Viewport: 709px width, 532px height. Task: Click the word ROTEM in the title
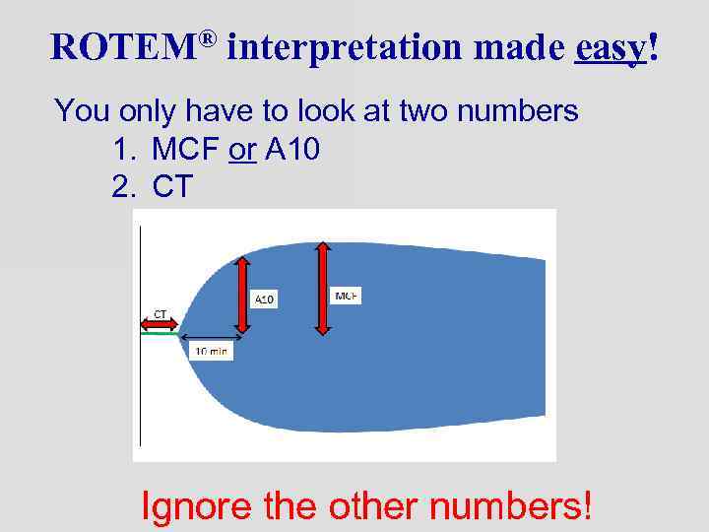click(x=122, y=46)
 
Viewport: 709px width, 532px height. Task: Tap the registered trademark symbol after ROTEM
click(x=207, y=37)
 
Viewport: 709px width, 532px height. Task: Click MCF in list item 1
click(x=186, y=150)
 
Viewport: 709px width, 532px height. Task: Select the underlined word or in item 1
click(x=242, y=150)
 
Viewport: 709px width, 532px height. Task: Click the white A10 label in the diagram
click(x=264, y=299)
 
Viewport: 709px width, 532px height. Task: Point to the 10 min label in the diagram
click(x=212, y=350)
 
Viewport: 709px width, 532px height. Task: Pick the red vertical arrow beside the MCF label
click(x=322, y=289)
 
